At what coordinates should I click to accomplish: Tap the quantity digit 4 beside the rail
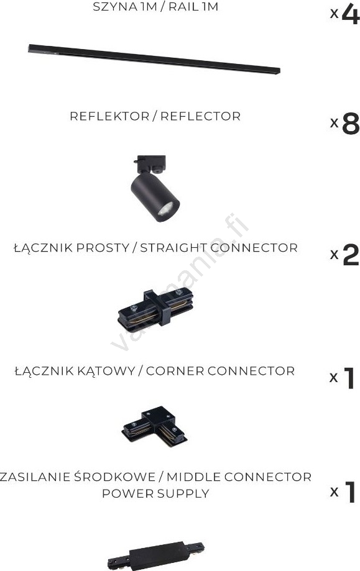(x=351, y=14)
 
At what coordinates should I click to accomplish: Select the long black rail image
(x=154, y=59)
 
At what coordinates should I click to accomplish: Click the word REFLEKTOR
(x=109, y=116)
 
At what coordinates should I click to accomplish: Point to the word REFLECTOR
(x=200, y=116)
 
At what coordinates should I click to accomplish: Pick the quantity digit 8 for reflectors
(x=351, y=124)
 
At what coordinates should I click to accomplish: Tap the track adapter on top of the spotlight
(x=152, y=164)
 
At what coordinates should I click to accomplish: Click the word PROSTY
(x=103, y=248)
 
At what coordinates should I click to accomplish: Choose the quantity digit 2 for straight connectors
(x=351, y=255)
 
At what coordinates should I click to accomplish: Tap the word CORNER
(x=175, y=371)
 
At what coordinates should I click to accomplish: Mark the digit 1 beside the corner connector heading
(x=349, y=378)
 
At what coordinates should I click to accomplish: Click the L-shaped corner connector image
(x=154, y=426)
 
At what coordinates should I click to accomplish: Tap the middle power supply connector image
(x=156, y=555)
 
